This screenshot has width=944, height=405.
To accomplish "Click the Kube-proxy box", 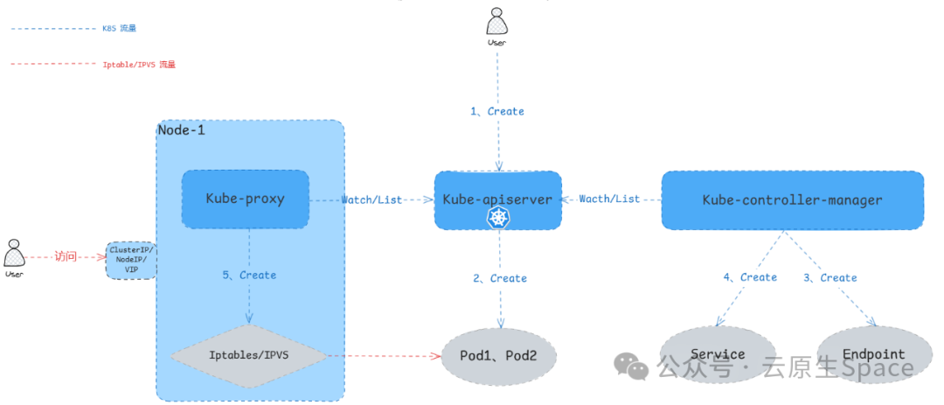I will (245, 199).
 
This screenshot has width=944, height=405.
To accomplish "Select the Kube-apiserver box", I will (497, 199).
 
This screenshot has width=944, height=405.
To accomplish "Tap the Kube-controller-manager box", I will (792, 199).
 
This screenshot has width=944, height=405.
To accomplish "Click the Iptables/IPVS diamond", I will (248, 356).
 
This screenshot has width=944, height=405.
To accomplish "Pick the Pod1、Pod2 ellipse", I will (498, 356).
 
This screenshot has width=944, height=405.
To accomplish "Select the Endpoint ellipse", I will (873, 354).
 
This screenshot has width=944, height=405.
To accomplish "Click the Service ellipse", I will (718, 354).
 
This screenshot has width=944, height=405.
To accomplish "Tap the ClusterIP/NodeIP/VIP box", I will (131, 260).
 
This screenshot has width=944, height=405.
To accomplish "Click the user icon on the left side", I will (13, 255).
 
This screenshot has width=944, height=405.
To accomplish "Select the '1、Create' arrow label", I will (497, 111).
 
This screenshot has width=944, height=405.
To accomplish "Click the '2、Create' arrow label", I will (500, 278).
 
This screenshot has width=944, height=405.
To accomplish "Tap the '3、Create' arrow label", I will (829, 277).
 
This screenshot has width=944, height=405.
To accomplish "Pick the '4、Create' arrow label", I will (750, 277).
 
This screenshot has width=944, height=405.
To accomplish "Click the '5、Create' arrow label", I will (249, 275).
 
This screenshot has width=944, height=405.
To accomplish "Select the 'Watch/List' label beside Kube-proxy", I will (371, 199).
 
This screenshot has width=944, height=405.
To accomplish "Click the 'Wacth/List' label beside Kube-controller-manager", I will (609, 199).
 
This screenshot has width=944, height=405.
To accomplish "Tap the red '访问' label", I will (66, 256).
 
